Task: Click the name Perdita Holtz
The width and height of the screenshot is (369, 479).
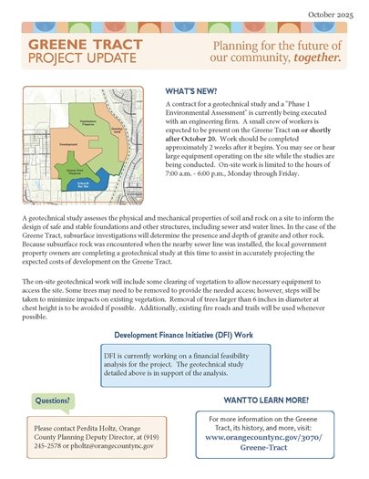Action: pos(112,427)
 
